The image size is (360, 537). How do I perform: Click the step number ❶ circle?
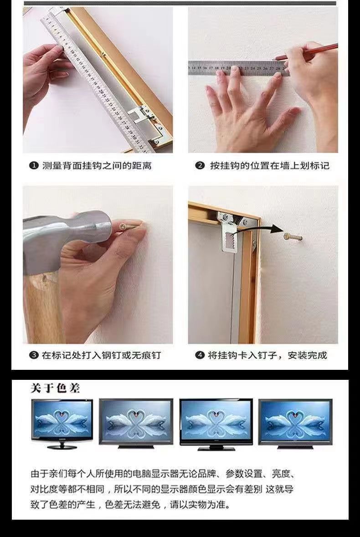[34, 166]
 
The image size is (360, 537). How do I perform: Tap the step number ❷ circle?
[200, 166]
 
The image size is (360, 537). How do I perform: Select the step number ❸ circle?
[34, 355]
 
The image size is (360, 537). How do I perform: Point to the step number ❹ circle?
[200, 355]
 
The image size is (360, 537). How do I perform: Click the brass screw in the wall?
[292, 236]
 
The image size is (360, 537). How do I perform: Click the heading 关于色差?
[55, 388]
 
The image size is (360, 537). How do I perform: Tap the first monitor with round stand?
[62, 423]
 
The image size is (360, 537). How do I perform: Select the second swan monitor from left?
[136, 423]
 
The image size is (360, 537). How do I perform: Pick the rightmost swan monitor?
[295, 424]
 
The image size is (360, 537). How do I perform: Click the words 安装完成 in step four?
[307, 355]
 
